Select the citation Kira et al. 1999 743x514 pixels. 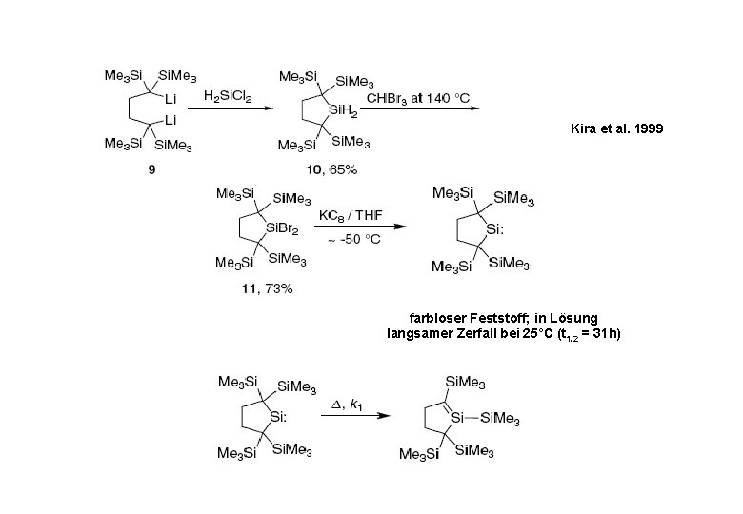tap(609, 127)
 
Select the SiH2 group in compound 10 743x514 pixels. tap(342, 111)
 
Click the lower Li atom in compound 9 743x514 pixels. tap(171, 121)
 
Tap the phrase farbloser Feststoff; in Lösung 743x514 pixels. tap(502, 317)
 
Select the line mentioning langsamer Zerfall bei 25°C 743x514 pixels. tap(502, 334)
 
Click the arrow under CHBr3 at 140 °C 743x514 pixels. tap(419, 109)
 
